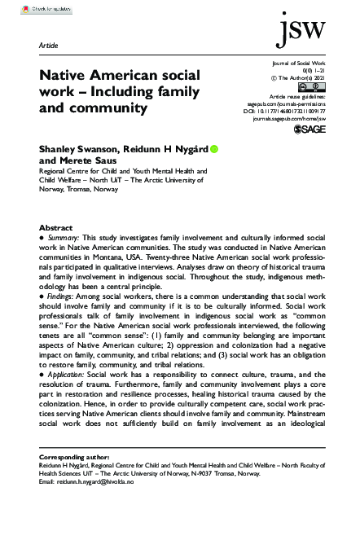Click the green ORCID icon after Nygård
pos(214,149)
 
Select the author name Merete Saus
pos(79,160)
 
